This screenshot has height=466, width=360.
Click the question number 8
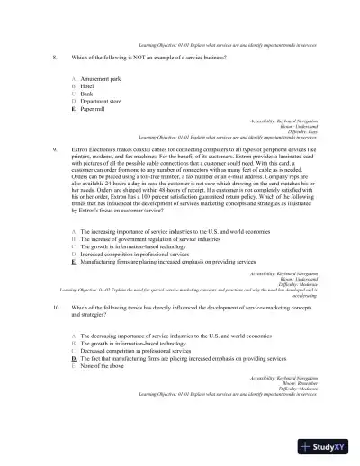(x=56, y=58)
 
